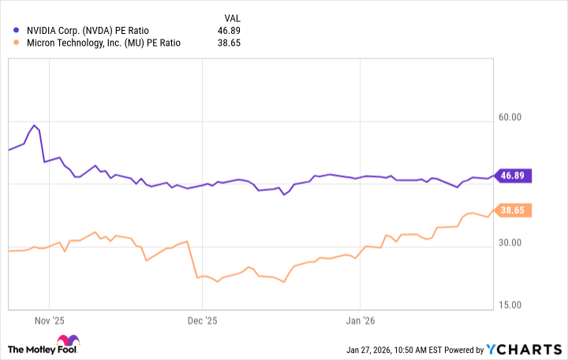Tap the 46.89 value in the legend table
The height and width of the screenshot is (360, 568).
pos(228,31)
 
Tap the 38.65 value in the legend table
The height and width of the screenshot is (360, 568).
pos(228,43)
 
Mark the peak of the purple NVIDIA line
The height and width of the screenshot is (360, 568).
pos(34,125)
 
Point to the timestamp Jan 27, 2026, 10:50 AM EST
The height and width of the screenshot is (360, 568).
pos(401,350)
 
